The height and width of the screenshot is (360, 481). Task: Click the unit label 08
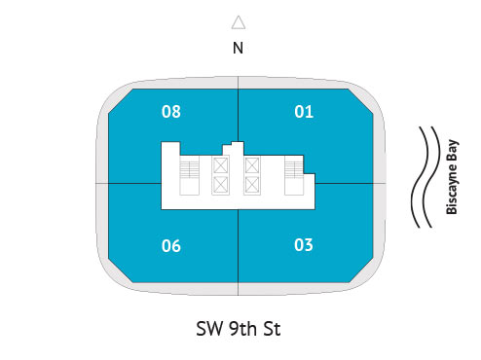(171, 112)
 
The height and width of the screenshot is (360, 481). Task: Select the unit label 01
(304, 112)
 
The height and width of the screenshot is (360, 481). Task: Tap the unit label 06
(171, 245)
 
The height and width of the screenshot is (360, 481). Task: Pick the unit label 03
(304, 244)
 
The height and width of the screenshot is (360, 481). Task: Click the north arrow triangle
(238, 22)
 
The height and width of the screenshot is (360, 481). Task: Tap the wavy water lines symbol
(425, 177)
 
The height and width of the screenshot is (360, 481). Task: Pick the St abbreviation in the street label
(272, 329)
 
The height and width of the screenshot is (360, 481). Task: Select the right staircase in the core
(292, 176)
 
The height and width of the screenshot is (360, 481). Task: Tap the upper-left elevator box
(220, 166)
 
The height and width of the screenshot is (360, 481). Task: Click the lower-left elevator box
(220, 184)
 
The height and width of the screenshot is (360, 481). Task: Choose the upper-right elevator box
(252, 166)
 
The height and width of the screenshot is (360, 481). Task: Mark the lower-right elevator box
(252, 184)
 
